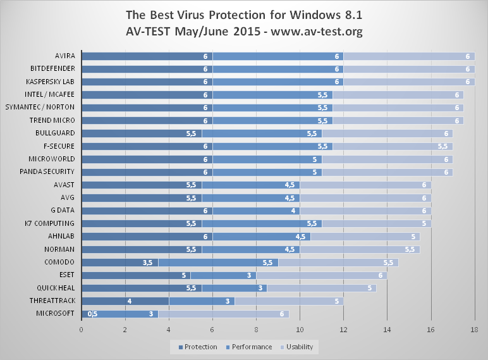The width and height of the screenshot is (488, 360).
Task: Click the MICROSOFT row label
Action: (54, 313)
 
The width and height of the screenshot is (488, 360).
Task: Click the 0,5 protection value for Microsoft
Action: (92, 313)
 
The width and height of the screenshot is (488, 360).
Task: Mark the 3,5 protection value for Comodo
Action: (147, 262)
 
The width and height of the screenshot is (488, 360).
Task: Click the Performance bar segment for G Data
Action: (256, 210)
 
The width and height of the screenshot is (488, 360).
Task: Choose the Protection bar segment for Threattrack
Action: (125, 301)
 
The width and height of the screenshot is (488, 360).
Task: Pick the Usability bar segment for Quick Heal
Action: (321, 287)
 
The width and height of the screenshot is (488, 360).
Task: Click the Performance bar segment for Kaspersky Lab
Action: (278, 82)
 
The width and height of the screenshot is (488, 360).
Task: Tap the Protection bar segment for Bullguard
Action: (142, 133)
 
